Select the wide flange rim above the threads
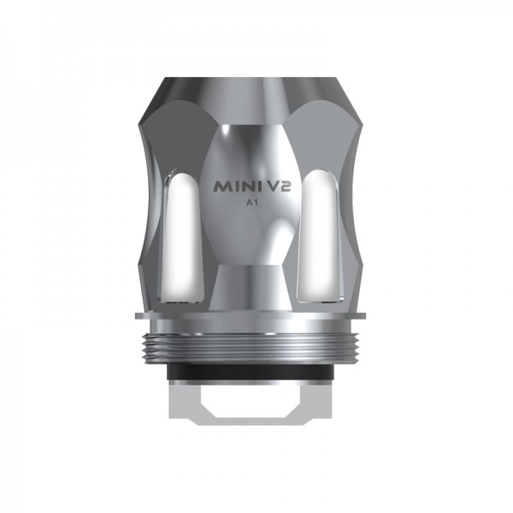pyautogui.click(x=257, y=319)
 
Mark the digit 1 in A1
pyautogui.click(x=259, y=203)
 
